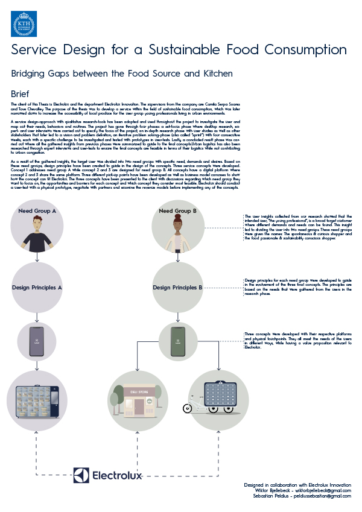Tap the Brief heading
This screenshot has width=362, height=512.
coord(21,95)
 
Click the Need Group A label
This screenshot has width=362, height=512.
coord(37,211)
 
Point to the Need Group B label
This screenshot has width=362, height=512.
coord(177,211)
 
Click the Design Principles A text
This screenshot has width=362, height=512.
coord(37,288)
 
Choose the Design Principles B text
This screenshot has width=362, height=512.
coord(177,288)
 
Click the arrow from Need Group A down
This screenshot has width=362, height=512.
coord(37,256)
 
